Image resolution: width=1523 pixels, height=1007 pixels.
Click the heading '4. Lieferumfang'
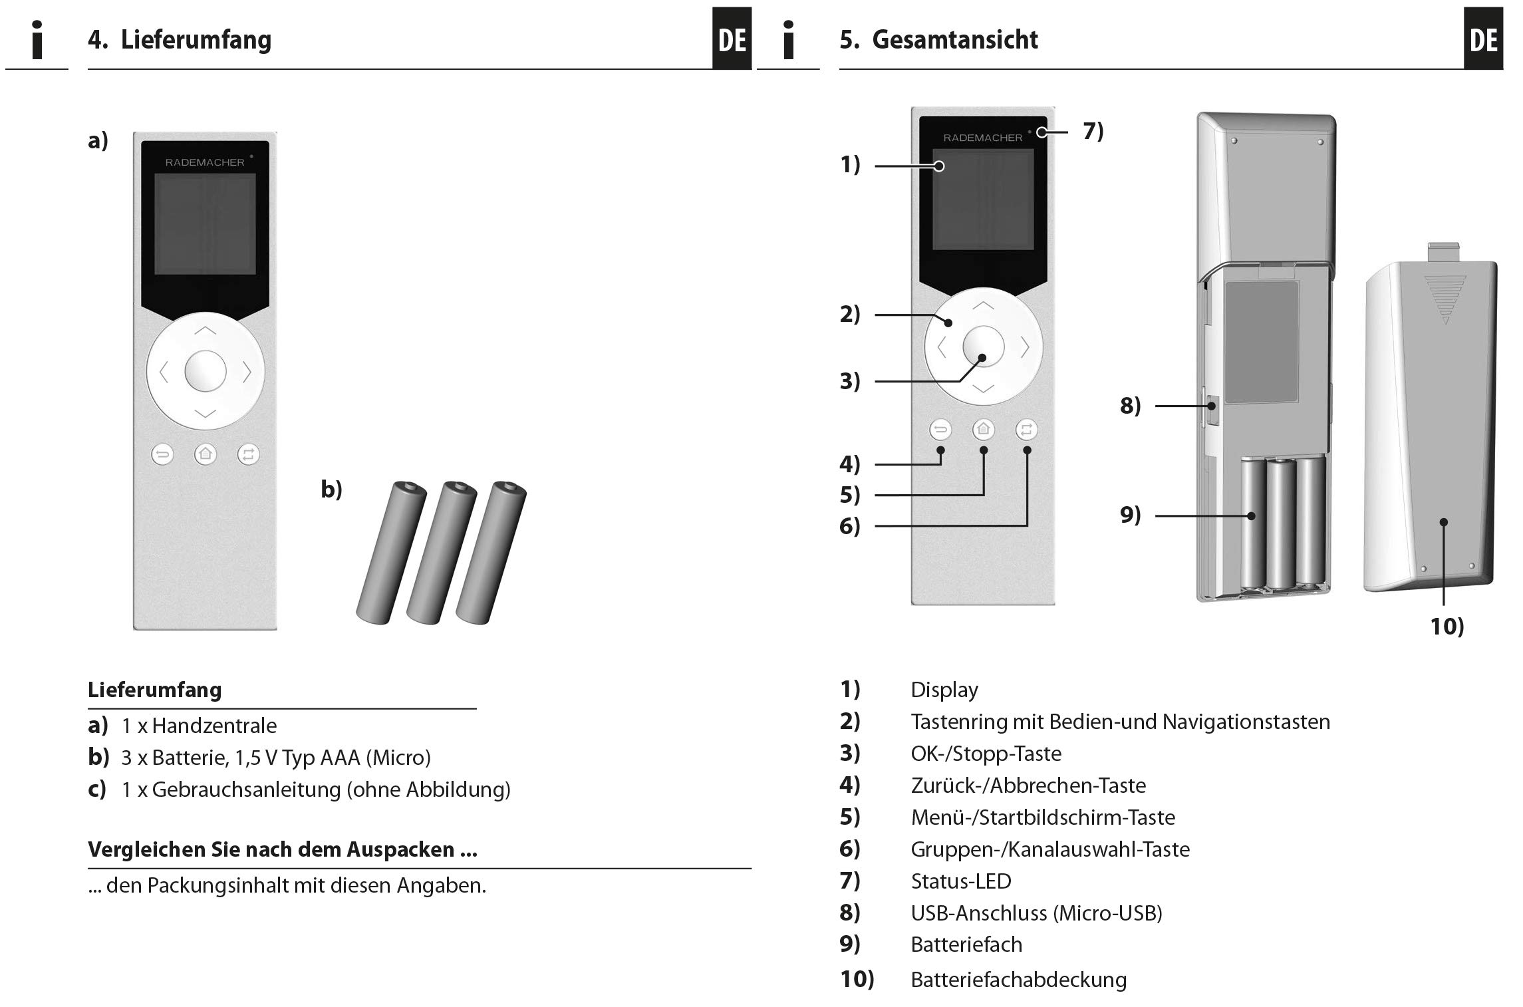[180, 40]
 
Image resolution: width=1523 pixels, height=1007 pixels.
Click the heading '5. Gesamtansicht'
[938, 40]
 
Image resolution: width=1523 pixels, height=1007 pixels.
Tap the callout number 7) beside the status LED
[1093, 131]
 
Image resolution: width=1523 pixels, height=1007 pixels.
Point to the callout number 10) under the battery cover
[1447, 627]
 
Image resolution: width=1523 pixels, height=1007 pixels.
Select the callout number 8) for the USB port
[1130, 406]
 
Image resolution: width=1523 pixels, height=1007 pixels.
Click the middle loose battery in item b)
[441, 552]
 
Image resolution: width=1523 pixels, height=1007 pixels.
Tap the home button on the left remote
[206, 454]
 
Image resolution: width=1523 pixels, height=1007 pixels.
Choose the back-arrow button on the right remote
[940, 430]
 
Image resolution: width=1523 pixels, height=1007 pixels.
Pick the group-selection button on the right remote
[1026, 430]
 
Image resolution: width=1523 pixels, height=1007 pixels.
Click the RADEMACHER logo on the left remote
[205, 162]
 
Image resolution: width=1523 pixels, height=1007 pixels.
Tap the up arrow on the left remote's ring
[206, 331]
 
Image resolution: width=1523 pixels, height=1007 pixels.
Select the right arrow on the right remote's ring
[1025, 347]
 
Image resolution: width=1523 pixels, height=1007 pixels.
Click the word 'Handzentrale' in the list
[214, 726]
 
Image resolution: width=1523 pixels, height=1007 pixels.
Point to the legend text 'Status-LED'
[960, 881]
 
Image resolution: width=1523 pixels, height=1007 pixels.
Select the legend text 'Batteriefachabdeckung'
[1018, 980]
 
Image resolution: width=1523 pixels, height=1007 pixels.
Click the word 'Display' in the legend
[944, 690]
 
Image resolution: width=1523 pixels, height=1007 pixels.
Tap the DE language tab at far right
[1483, 40]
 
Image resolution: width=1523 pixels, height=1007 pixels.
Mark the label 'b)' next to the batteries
[331, 490]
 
